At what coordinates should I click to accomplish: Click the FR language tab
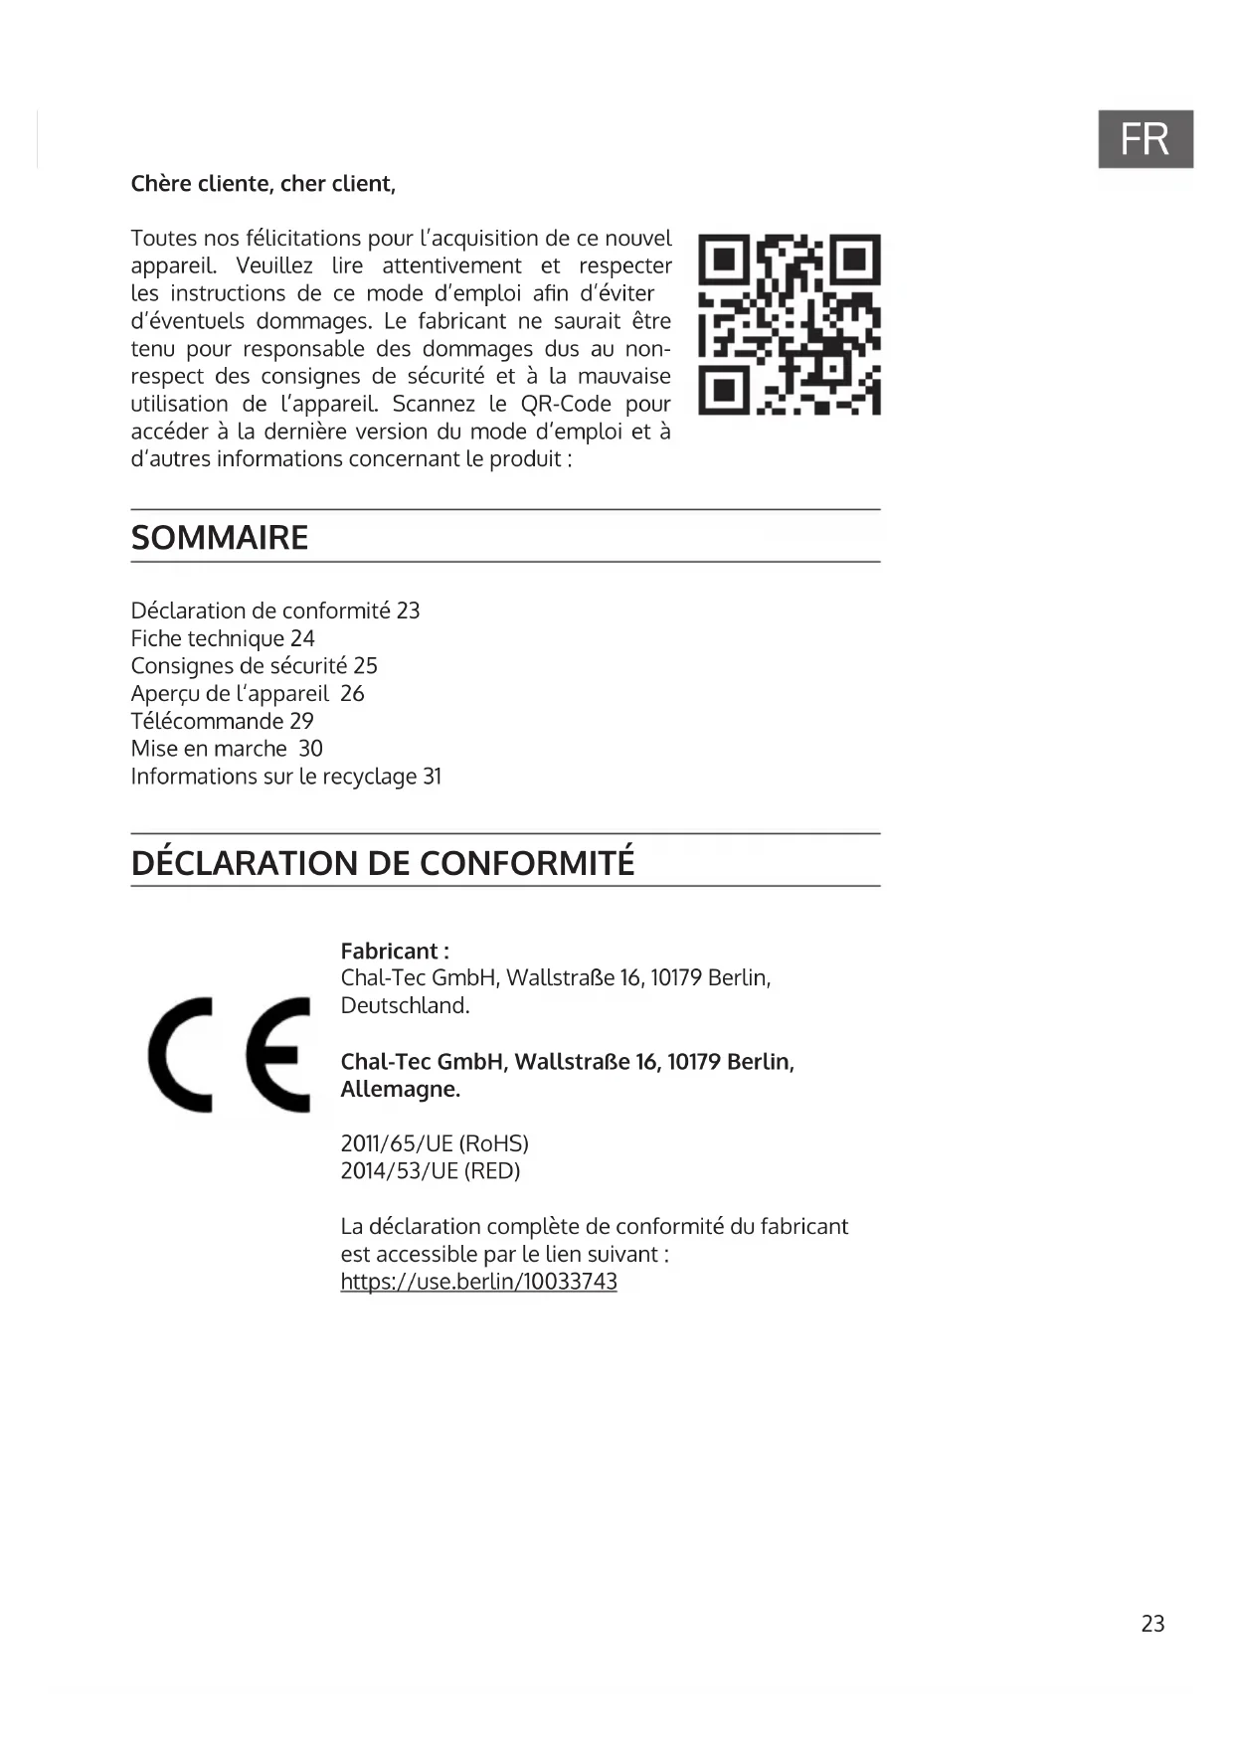(1145, 139)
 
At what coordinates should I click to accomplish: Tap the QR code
(790, 324)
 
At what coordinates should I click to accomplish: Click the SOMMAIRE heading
(220, 538)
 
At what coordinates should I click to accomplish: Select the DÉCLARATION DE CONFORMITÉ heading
(383, 862)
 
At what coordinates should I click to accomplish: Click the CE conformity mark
(230, 1054)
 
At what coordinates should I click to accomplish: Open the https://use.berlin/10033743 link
(478, 1282)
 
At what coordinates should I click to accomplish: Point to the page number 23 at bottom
(1152, 1624)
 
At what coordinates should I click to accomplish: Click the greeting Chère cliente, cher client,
(264, 184)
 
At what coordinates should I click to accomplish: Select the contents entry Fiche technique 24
(223, 638)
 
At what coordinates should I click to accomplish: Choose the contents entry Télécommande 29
(222, 721)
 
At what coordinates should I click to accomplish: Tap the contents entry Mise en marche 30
(227, 749)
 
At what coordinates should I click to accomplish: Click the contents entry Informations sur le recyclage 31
(286, 777)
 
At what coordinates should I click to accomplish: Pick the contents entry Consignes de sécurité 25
(255, 666)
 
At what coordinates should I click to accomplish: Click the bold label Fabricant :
(395, 951)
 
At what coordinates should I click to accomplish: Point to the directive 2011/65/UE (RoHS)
(435, 1143)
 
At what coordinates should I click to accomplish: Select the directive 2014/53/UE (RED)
(431, 1171)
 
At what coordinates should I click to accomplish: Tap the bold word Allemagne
(400, 1089)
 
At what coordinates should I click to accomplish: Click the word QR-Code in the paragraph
(566, 405)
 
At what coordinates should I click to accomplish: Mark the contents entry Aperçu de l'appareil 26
(248, 694)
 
